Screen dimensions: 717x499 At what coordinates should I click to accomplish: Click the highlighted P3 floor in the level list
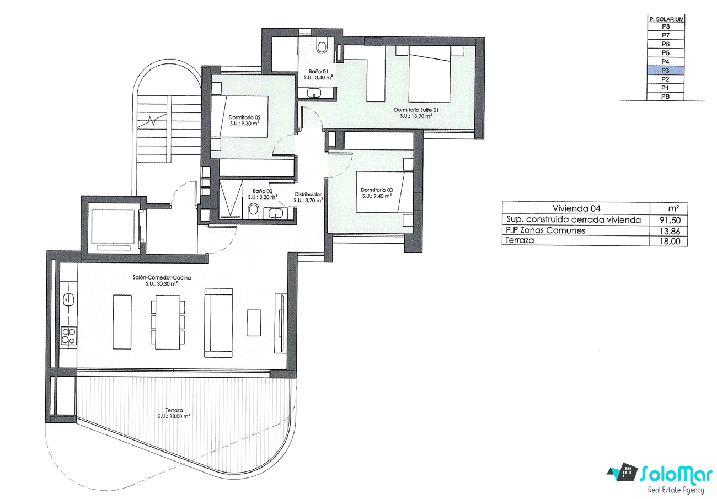click(x=666, y=71)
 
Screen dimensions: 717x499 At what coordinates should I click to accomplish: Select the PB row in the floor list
click(x=666, y=96)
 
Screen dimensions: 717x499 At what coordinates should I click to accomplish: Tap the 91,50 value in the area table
click(x=670, y=220)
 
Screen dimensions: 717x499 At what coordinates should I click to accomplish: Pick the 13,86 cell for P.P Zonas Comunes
click(x=670, y=231)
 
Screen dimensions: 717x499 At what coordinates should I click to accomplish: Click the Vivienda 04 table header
click(x=576, y=208)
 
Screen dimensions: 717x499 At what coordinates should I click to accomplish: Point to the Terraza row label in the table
click(x=520, y=240)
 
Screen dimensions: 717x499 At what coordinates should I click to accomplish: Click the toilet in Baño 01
click(x=322, y=45)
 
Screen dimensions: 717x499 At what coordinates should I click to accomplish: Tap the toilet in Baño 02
click(x=253, y=210)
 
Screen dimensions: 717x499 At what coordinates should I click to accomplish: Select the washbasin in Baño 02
click(x=275, y=213)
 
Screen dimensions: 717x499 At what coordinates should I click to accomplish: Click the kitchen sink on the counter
click(x=68, y=300)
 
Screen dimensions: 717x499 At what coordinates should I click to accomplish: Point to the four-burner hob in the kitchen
click(x=69, y=336)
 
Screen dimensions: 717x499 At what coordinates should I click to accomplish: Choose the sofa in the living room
click(x=218, y=323)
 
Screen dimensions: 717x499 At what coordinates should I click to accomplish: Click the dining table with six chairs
click(x=168, y=323)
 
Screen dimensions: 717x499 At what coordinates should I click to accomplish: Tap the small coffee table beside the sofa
click(x=254, y=323)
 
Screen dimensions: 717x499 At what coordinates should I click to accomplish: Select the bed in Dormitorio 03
click(x=384, y=192)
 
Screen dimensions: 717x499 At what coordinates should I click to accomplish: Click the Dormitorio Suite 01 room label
click(x=416, y=110)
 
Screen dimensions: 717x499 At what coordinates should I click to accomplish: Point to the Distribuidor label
click(x=308, y=194)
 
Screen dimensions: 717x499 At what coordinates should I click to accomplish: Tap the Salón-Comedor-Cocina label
click(x=162, y=277)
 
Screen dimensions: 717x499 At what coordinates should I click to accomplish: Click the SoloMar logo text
click(x=676, y=475)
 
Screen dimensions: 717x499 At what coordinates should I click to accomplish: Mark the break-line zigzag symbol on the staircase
click(x=152, y=121)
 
